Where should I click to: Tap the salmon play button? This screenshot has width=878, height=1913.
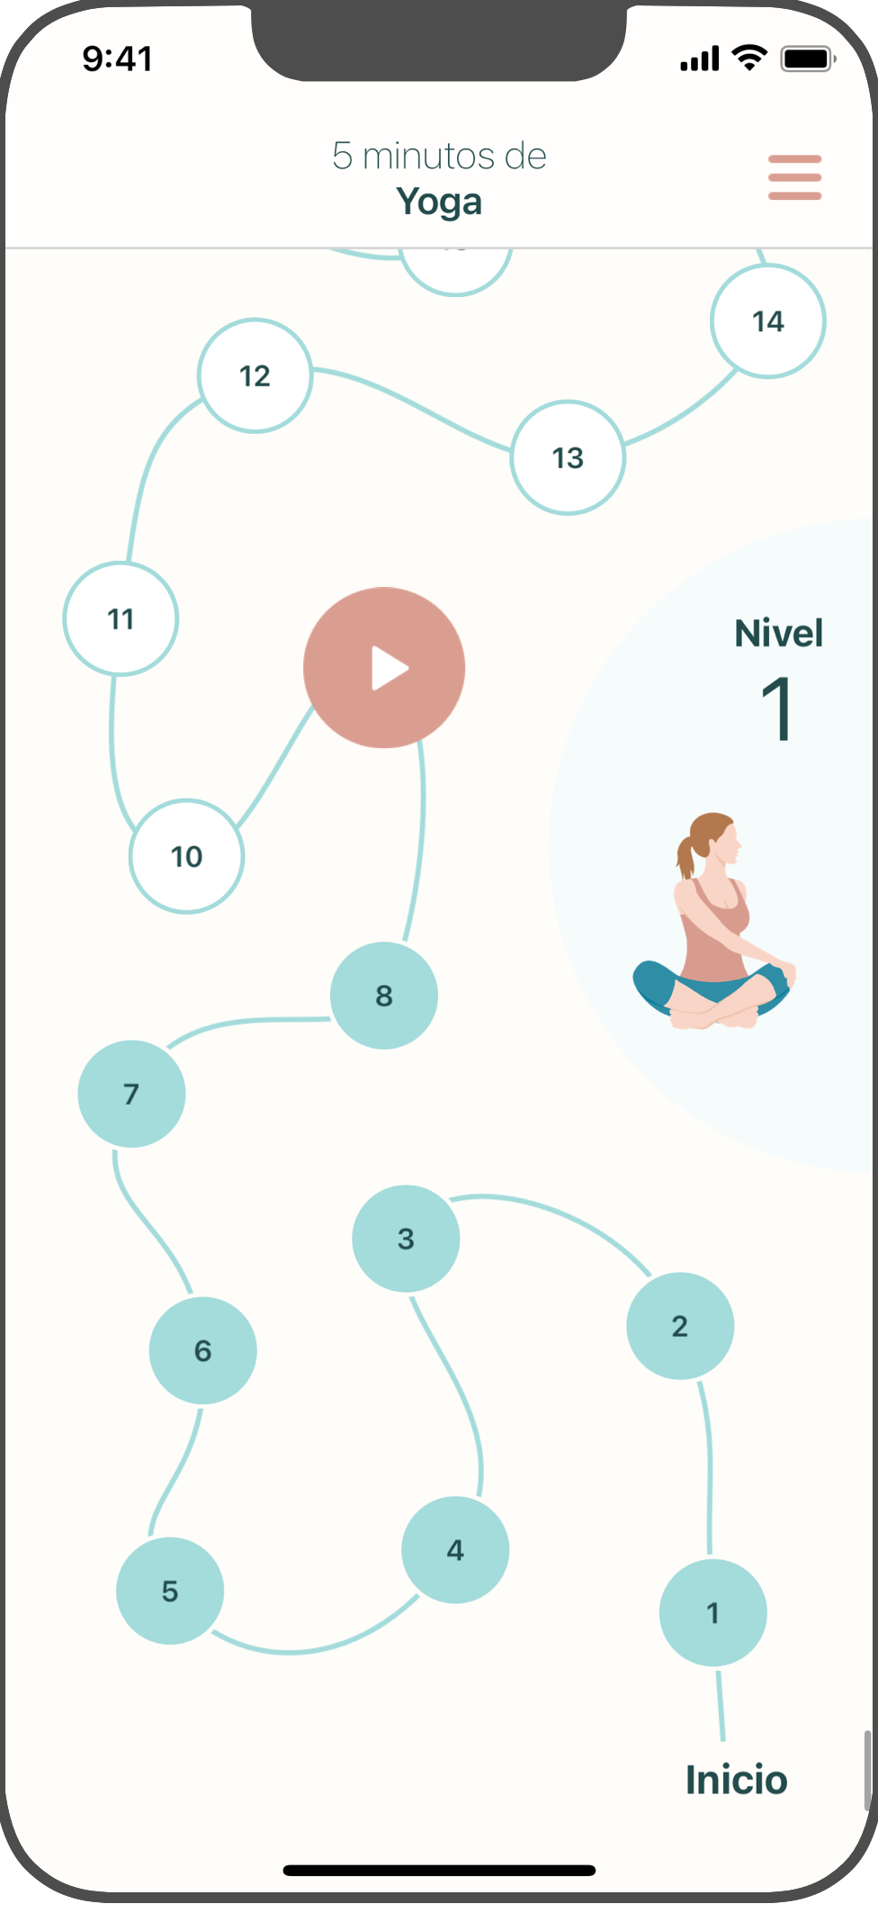[384, 668]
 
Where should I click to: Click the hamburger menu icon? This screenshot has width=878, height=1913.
[794, 177]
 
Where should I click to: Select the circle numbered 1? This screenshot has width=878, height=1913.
[712, 1612]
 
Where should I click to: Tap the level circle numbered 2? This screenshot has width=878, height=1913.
[680, 1326]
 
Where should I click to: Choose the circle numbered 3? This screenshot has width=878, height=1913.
[406, 1239]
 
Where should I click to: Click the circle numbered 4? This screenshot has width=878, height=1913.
[455, 1549]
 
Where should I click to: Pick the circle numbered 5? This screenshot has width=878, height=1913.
[170, 1591]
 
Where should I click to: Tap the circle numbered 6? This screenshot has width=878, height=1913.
[203, 1350]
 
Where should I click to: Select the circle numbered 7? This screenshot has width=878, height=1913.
[131, 1094]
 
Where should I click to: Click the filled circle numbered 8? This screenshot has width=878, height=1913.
[384, 996]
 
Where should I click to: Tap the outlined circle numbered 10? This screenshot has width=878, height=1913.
[187, 856]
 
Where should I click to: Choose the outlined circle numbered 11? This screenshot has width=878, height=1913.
[121, 618]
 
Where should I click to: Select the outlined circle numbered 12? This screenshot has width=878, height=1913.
[255, 375]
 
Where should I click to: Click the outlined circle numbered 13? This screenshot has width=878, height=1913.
[568, 457]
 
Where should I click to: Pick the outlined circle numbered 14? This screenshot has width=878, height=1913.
[768, 321]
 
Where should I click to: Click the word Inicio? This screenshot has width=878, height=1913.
[736, 1780]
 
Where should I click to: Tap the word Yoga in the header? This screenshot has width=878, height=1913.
[439, 202]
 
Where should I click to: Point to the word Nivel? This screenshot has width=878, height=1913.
[778, 633]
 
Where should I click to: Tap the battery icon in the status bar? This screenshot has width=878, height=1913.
[807, 59]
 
